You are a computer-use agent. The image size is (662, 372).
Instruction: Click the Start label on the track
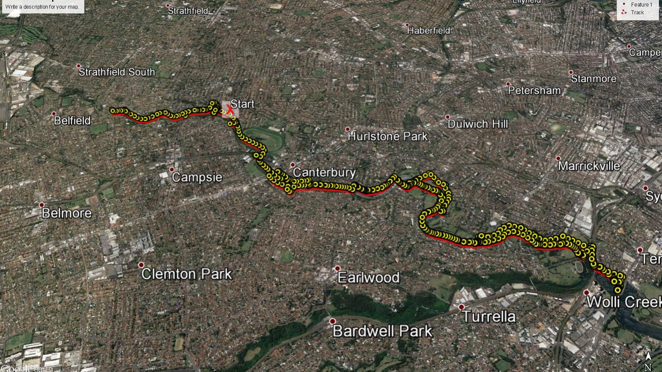242,104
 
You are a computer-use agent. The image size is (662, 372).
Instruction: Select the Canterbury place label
324,172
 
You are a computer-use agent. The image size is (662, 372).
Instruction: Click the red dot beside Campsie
172,169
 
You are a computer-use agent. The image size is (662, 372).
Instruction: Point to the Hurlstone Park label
388,136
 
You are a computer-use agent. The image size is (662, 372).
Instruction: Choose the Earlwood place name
369,277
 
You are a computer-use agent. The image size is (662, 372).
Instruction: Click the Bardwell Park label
382,331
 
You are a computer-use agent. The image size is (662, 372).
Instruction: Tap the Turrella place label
489,316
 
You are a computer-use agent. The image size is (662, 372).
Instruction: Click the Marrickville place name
589,166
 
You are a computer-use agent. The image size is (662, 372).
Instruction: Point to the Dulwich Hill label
478,124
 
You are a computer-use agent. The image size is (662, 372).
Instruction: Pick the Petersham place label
534,91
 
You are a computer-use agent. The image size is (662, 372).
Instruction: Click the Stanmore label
593,79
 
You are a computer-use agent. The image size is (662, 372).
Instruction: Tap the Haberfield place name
428,31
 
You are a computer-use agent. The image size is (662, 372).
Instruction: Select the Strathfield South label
116,72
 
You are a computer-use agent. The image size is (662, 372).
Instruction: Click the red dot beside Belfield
54,114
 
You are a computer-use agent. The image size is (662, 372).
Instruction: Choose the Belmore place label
66,213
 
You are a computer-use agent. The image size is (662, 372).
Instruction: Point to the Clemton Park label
187,274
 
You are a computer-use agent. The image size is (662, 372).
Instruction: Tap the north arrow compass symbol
648,360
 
